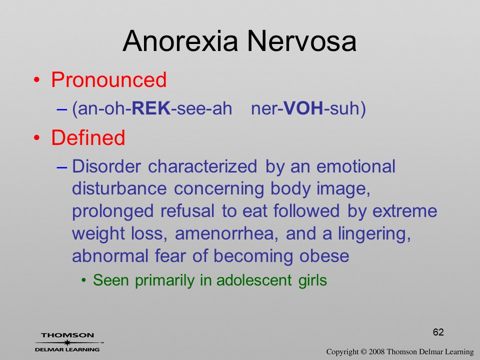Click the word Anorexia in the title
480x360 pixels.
(x=180, y=41)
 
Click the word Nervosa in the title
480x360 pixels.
(x=301, y=41)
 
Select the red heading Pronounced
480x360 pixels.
(x=108, y=80)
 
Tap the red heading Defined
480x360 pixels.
(x=88, y=137)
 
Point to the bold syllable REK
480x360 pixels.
(x=151, y=108)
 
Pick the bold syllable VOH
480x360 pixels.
(x=303, y=108)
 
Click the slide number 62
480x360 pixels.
(x=438, y=332)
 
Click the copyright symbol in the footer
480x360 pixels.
(x=363, y=351)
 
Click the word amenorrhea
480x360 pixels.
(x=226, y=233)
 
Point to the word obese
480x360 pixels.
(x=324, y=255)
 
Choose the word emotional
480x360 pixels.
(x=355, y=166)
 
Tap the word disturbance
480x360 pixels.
(x=119, y=188)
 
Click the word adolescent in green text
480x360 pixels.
(x=254, y=280)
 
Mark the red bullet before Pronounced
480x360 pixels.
(x=36, y=80)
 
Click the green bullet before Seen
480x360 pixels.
(x=83, y=280)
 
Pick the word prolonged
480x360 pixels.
(x=112, y=211)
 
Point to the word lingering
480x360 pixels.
(x=374, y=234)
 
